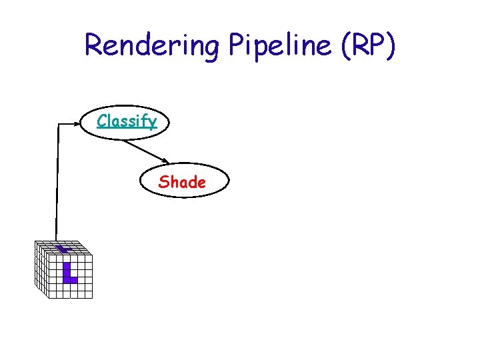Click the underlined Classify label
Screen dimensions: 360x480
pos(127,121)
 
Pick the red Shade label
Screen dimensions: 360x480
pos(182,181)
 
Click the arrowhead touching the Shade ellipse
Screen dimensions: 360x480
pos(165,161)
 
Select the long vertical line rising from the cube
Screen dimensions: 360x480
pos(57,187)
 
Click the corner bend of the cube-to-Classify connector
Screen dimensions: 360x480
pos(59,124)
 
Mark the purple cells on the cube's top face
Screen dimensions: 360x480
pos(63,249)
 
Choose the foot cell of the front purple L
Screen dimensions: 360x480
pos(73,280)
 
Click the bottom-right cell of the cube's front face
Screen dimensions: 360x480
pos(89,293)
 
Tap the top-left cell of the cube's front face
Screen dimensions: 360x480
pos(52,259)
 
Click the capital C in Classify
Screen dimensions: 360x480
pos(101,121)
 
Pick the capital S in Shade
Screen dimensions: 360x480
pos(163,181)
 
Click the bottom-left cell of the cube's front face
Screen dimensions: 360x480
pos(52,293)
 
